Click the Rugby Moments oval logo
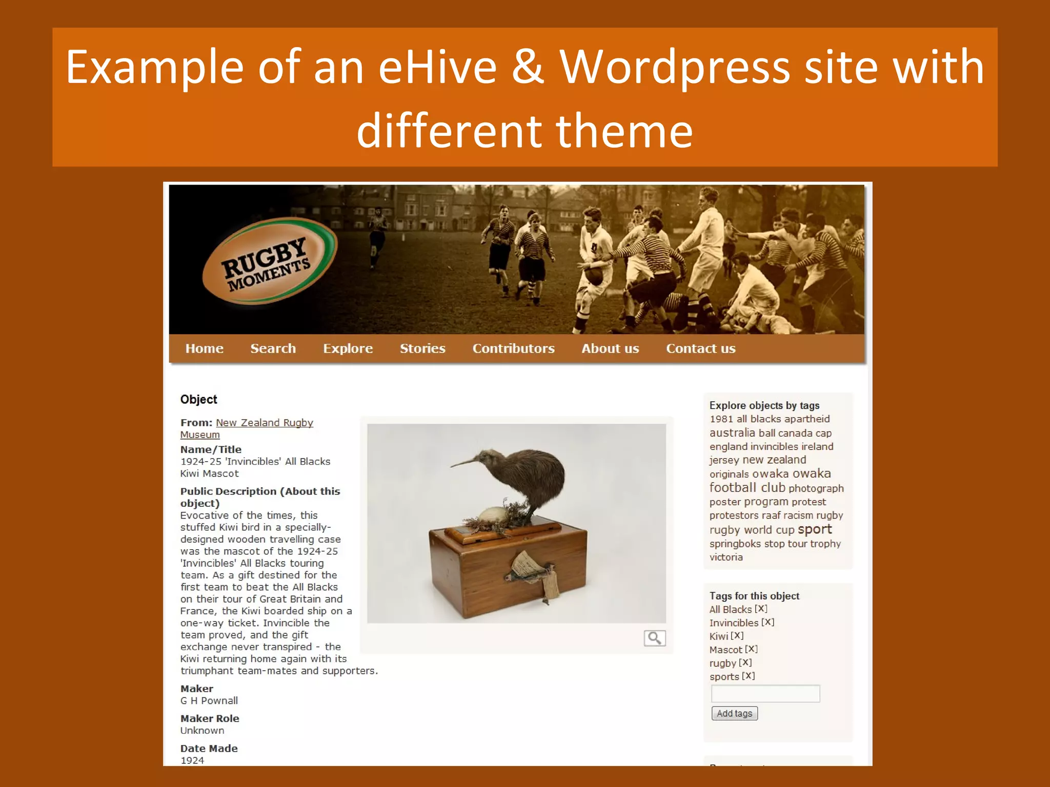[x=270, y=262]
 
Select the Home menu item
[x=204, y=348]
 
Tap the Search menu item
[x=273, y=348]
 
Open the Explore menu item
[x=348, y=348]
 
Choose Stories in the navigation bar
[x=422, y=348]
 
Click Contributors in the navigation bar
[x=513, y=348]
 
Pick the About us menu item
[x=610, y=348]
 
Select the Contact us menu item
[x=700, y=348]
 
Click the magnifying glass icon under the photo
[x=655, y=638]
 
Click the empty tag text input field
[x=765, y=694]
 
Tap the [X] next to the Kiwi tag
[x=737, y=636]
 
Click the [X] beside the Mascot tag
[x=752, y=649]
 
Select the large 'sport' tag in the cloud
[x=815, y=529]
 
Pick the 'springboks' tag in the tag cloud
[x=735, y=544]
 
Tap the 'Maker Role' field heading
[x=210, y=718]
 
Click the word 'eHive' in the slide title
[x=437, y=67]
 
